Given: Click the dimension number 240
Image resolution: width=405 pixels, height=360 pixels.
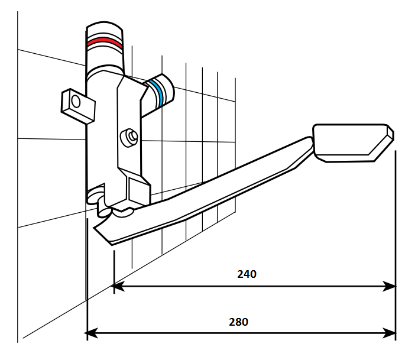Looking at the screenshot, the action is coord(247,274).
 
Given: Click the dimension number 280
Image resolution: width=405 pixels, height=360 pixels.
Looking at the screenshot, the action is coord(238,322).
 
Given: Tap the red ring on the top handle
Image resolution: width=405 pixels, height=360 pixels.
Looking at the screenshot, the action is coord(104,42).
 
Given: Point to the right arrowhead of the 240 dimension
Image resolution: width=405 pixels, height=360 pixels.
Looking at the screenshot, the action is coord(389,286).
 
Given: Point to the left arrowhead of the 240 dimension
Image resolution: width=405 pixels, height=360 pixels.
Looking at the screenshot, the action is coord(118,286).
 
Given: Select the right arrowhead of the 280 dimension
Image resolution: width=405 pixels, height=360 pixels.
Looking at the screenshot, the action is coord(389,333).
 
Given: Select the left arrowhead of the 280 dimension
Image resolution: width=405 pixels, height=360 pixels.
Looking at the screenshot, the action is coord(91,333).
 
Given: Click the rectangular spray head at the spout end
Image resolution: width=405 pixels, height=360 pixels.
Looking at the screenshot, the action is coord(353,143).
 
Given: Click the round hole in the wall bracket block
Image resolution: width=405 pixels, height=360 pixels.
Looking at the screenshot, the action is coord(76,101).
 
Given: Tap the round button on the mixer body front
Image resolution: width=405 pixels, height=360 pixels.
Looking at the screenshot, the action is coord(129,137).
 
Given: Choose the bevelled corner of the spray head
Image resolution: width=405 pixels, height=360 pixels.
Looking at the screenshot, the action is coord(390,131).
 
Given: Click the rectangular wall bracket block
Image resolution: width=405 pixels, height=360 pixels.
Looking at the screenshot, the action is coord(78,106).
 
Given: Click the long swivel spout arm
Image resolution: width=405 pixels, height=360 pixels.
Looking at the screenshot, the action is coord(204,191).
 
